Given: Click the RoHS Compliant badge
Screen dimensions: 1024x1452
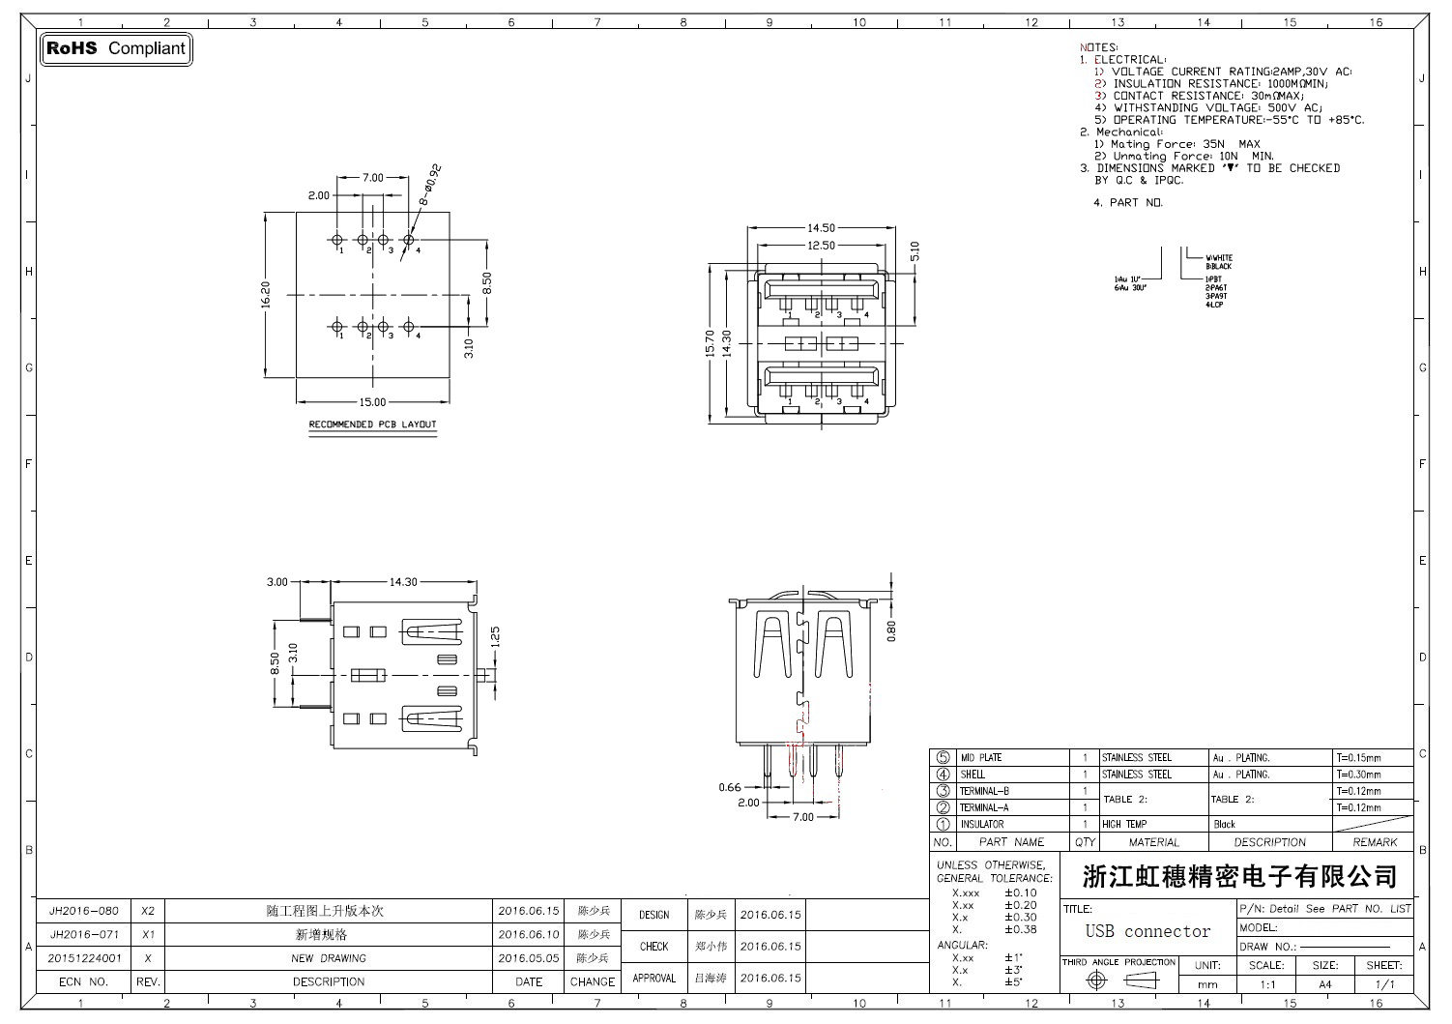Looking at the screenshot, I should coord(116,48).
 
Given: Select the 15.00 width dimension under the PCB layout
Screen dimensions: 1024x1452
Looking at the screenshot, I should coord(372,402).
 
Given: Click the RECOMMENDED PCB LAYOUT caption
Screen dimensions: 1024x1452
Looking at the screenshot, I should coord(372,424).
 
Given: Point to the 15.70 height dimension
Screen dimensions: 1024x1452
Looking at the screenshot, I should coord(711,343).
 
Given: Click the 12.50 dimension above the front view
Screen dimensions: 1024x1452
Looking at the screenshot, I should coord(821,246).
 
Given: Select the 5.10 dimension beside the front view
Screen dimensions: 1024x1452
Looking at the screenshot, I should coord(915,252).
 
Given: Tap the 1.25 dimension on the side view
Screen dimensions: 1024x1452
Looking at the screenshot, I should coord(496,638).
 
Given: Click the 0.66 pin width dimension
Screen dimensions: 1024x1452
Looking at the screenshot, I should coord(730,787).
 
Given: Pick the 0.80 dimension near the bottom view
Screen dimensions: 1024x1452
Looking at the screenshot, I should coord(891,629).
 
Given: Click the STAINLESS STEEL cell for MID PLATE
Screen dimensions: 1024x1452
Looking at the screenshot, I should coord(1137,758).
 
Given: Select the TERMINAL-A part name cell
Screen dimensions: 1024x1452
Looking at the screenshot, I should coord(984,807).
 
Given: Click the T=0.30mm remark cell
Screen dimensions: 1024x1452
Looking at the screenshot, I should coord(1358,775).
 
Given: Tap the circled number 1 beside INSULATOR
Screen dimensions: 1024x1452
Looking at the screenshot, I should coord(943,825).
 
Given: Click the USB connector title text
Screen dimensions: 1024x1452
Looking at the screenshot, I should coord(1147,932).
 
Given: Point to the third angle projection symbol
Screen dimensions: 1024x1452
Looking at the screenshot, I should coord(1118,980).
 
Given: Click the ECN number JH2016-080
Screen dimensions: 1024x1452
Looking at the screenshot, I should coord(84,911).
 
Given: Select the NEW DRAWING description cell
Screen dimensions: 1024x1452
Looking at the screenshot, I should coord(329,958).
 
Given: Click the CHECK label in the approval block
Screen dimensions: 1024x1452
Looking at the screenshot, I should coord(653,947).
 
